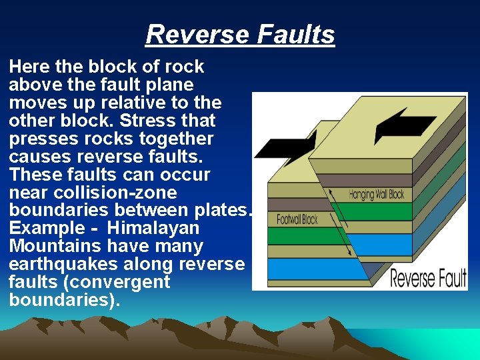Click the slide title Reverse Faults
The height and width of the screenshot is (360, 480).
[240, 34]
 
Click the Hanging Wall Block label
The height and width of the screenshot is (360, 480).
[376, 195]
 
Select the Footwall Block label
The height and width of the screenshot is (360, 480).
[297, 219]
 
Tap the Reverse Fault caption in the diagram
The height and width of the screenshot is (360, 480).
[427, 278]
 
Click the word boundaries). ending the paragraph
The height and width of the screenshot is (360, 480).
[65, 300]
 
